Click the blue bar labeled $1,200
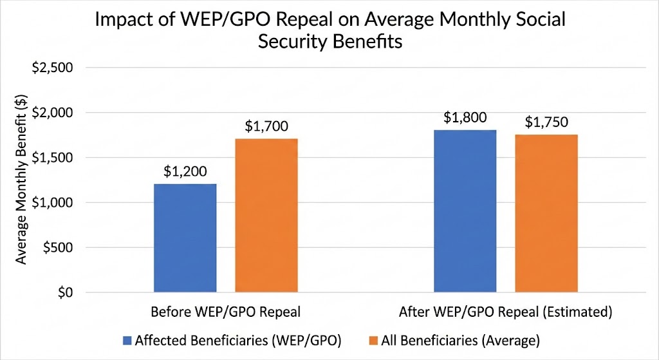coord(185,238)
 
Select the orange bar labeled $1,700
coord(266,215)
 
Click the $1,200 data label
coord(185,172)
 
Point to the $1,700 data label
coord(266,126)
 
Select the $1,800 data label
coord(465,118)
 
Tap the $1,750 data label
coord(546,122)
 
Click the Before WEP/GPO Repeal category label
coord(225,313)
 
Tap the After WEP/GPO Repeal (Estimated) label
coord(505,313)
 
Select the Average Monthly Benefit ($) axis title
coord(21,180)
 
